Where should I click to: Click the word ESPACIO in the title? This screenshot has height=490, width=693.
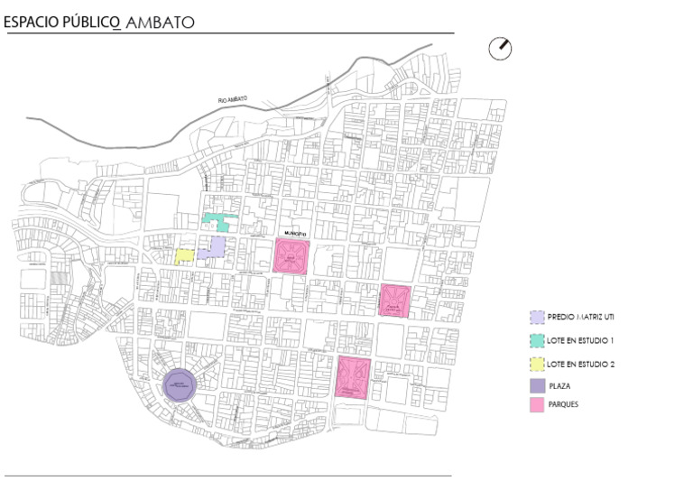click(32, 22)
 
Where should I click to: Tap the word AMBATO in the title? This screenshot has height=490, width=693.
click(161, 22)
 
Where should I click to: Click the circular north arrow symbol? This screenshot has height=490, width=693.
click(500, 49)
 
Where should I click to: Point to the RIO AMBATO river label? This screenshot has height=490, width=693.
click(233, 99)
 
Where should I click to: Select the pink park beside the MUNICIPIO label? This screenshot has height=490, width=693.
click(292, 256)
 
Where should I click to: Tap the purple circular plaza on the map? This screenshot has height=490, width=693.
click(178, 385)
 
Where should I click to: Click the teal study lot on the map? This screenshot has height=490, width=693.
click(217, 221)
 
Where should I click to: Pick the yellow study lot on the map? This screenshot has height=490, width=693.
click(184, 255)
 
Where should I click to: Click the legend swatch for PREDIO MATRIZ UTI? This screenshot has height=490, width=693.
click(537, 318)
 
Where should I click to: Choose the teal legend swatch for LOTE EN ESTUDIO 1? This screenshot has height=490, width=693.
click(537, 341)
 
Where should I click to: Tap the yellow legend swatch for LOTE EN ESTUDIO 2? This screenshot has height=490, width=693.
click(537, 365)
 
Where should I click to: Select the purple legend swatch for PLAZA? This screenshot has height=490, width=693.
click(537, 385)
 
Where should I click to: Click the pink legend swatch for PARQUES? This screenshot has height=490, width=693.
click(537, 405)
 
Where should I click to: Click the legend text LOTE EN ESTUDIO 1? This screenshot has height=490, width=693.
click(580, 341)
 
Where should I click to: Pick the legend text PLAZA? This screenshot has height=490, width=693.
click(559, 385)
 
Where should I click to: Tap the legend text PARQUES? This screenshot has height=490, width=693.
click(564, 405)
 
